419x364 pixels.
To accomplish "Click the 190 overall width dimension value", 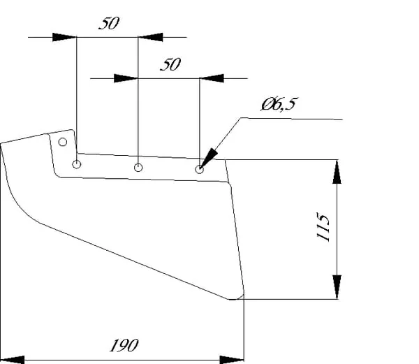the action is pos(124,345).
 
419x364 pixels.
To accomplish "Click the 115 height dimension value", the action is pos(323,227).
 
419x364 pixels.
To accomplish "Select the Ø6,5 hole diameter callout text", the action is pos(279,104).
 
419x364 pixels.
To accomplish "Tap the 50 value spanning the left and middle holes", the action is pos(109,23).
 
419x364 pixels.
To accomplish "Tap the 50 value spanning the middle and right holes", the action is pos(170,64).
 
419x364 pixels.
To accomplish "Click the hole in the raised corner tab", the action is pos(63,142).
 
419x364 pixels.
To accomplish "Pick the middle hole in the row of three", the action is pos(138,168).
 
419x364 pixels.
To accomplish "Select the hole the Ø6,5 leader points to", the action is pos(199,170).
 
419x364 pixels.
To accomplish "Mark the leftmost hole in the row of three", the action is pos(77,164).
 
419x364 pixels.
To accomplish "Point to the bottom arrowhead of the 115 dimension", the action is pos(337,286).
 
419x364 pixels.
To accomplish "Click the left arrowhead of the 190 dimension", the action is pos(13,360).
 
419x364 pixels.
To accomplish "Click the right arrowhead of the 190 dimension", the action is pos(231,360).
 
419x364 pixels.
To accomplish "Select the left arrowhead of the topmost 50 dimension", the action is pos(64,37).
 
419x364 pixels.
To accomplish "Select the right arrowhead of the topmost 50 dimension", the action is pos(150,37).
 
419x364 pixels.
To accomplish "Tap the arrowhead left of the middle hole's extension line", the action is pos(126,78).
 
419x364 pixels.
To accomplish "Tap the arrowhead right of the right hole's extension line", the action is pos(212,78).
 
